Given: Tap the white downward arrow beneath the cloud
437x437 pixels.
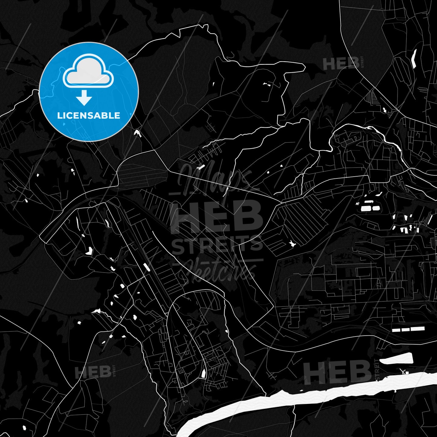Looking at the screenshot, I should tap(84, 98).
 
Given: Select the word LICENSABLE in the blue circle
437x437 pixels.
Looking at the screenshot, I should tap(89, 116).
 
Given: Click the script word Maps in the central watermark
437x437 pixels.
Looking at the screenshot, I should tap(214, 179).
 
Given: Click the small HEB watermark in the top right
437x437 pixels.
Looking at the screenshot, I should tap(340, 64).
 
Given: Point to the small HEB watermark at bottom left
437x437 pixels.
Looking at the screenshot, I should tap(93, 372).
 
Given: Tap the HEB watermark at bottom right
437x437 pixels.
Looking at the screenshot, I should tap(337, 371).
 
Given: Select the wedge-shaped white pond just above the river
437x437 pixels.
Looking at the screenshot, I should tap(396, 360).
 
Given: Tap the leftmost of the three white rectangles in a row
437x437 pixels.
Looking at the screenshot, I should tap(396, 330).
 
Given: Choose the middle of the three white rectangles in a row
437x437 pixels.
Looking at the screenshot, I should tap(405, 329).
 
